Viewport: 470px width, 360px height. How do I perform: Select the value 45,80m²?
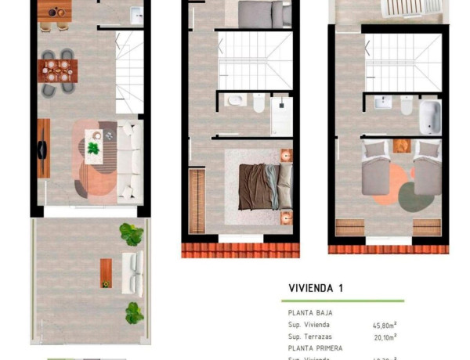coord(384,324)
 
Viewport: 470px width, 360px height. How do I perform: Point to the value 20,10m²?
coord(384,336)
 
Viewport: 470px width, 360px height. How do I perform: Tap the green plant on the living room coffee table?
coord(94,149)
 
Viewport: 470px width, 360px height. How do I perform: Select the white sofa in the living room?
coord(132,159)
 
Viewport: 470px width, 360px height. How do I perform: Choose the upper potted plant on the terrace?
coord(130,232)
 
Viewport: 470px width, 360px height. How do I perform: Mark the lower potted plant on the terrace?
coord(134,313)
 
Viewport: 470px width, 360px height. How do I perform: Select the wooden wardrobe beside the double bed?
coord(197,202)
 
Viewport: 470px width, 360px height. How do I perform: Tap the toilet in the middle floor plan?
coord(259,102)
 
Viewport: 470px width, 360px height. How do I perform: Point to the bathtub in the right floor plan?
coord(430,117)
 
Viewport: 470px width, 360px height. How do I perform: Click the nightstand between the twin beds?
coord(402,146)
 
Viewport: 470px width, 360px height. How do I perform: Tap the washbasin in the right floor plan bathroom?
coord(383,103)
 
